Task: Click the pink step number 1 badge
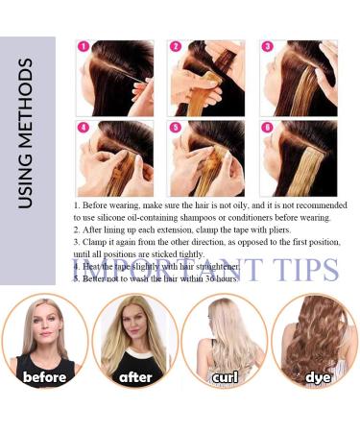(x=84, y=46)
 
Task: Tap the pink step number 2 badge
(x=174, y=46)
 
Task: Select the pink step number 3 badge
(x=266, y=46)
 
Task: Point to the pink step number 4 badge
(x=84, y=126)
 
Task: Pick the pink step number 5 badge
(x=174, y=126)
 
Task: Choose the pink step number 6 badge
(x=266, y=126)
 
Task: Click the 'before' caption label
(x=45, y=377)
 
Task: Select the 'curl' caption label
(x=225, y=377)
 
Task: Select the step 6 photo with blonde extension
(x=299, y=156)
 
